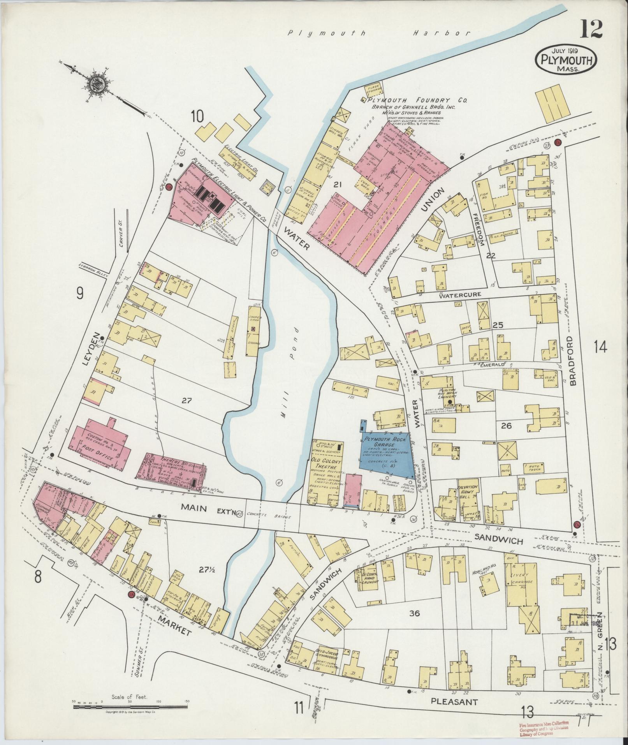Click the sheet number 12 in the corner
pos(591,29)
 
